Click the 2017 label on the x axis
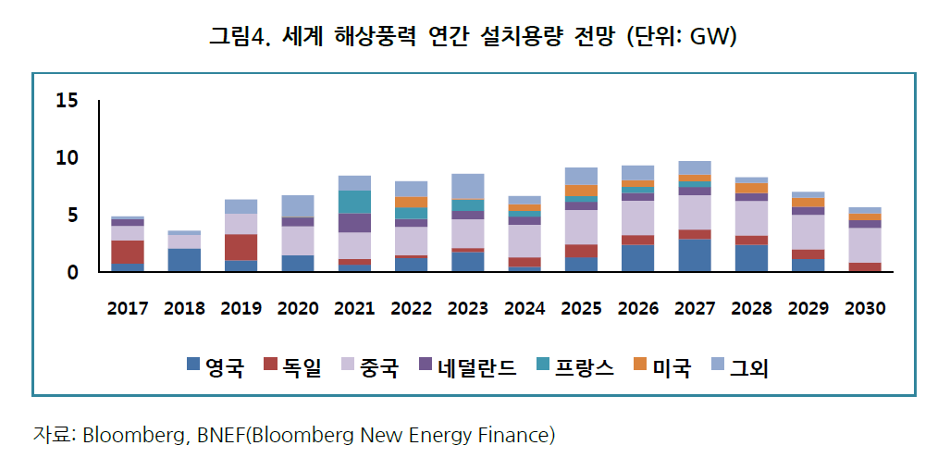point(128,309)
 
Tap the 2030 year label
point(865,309)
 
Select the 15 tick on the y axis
point(67,101)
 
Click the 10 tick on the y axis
point(67,158)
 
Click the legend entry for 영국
point(215,368)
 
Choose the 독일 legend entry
point(293,368)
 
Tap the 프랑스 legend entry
point(574,368)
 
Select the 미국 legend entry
point(662,368)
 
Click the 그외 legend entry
point(740,368)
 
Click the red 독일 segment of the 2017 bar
point(128,252)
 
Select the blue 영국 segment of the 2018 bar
point(184,260)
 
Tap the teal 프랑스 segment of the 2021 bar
point(355,202)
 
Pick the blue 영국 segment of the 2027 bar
point(694,255)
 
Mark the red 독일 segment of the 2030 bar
point(864,267)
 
